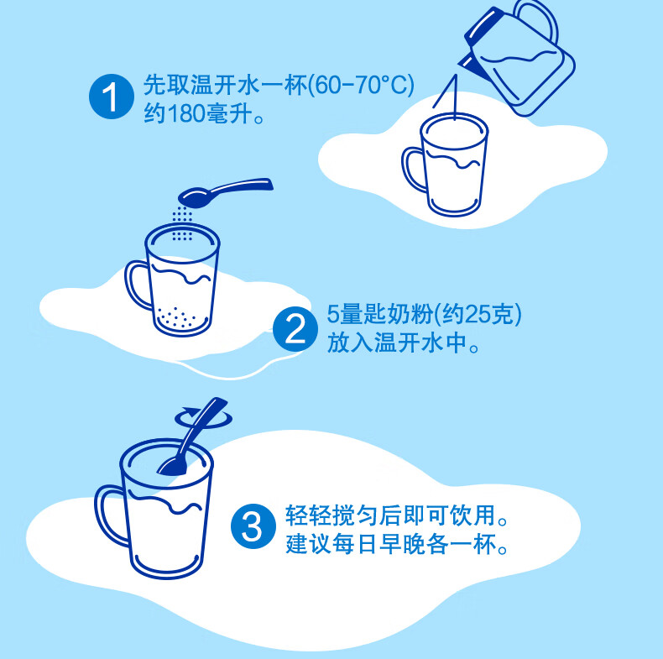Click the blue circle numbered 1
pos(112,97)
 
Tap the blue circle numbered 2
pos(295,328)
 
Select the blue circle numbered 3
pos(253,526)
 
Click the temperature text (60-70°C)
pos(361,85)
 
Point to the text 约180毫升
pos(204,113)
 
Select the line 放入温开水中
pos(404,343)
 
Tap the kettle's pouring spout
pos(467,64)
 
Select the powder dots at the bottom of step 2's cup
pos(177,317)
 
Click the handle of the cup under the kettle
pos(412,170)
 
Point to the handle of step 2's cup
pos(136,285)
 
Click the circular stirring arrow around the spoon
pos(203,418)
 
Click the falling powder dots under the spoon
pos(182,223)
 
